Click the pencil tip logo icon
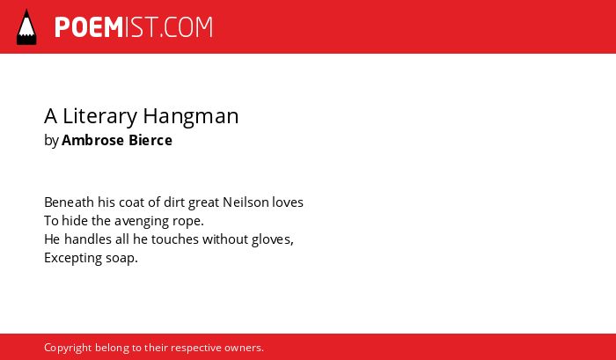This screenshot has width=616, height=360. tap(26, 26)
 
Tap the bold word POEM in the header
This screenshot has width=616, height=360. tap(89, 27)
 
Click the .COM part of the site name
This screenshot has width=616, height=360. tap(187, 27)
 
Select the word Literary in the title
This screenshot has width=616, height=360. tap(99, 116)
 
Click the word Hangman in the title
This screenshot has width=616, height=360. tap(191, 117)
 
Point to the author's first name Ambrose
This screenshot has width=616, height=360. tap(92, 140)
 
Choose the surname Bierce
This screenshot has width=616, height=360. tap(150, 140)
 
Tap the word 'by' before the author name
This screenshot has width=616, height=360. tap(51, 141)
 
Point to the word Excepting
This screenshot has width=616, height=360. tap(73, 259)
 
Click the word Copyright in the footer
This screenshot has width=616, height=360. tap(68, 349)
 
